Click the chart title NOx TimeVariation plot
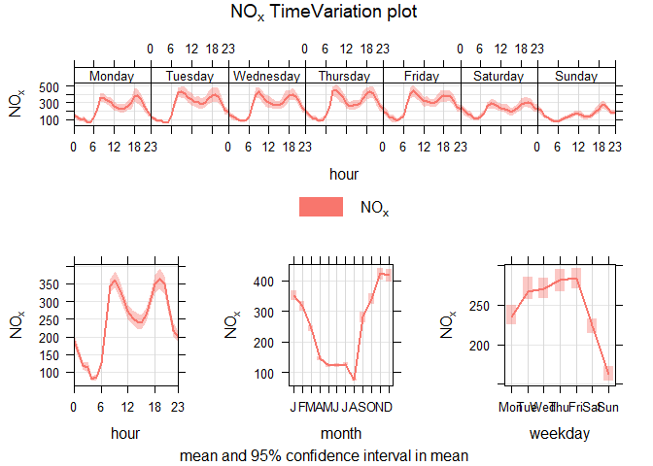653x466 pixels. [x=326, y=13]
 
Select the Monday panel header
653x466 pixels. [x=112, y=76]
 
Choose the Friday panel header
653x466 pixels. [x=421, y=76]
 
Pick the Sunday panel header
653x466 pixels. [x=576, y=76]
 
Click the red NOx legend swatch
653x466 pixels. [x=321, y=207]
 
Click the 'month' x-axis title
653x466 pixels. [x=341, y=435]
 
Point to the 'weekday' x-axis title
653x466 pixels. [x=559, y=435]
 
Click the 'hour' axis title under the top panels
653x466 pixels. [x=344, y=174]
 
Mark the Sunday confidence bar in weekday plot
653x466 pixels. [x=607, y=373]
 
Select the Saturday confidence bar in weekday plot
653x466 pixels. [x=592, y=326]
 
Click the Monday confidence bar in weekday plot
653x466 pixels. [x=511, y=315]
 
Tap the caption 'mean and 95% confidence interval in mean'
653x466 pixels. [x=326, y=454]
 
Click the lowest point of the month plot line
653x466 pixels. [x=355, y=379]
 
